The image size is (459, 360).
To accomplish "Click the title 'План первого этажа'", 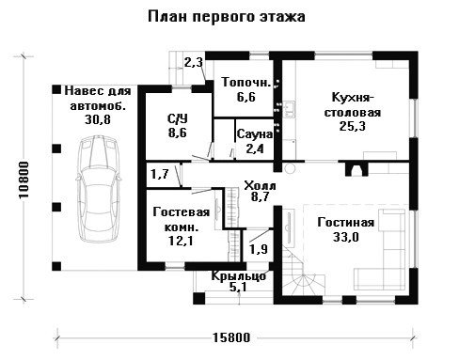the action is (x=227, y=17).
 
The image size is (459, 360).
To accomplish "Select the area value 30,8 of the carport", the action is (x=98, y=119).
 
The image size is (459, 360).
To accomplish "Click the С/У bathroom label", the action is (x=178, y=118).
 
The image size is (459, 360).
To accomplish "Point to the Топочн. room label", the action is (x=246, y=82).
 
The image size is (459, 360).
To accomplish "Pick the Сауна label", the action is (x=255, y=134).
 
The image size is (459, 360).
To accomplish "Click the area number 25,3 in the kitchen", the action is (x=353, y=126).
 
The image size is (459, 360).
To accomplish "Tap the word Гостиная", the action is (x=346, y=223).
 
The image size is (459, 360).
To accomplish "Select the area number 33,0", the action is (x=346, y=237).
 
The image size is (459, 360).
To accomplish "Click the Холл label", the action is (x=260, y=185).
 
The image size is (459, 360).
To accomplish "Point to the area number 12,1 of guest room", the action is (x=181, y=241).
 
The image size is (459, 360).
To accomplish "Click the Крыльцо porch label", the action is (x=238, y=276).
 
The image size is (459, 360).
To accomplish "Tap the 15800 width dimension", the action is (x=232, y=337).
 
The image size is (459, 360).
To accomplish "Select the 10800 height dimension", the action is (x=24, y=180).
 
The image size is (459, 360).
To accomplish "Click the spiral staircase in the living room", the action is (x=303, y=275).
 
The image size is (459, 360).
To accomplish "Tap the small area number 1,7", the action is (x=160, y=174).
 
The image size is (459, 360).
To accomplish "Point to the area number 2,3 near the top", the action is (x=194, y=63).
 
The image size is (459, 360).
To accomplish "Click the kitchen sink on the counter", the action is (x=289, y=109).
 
